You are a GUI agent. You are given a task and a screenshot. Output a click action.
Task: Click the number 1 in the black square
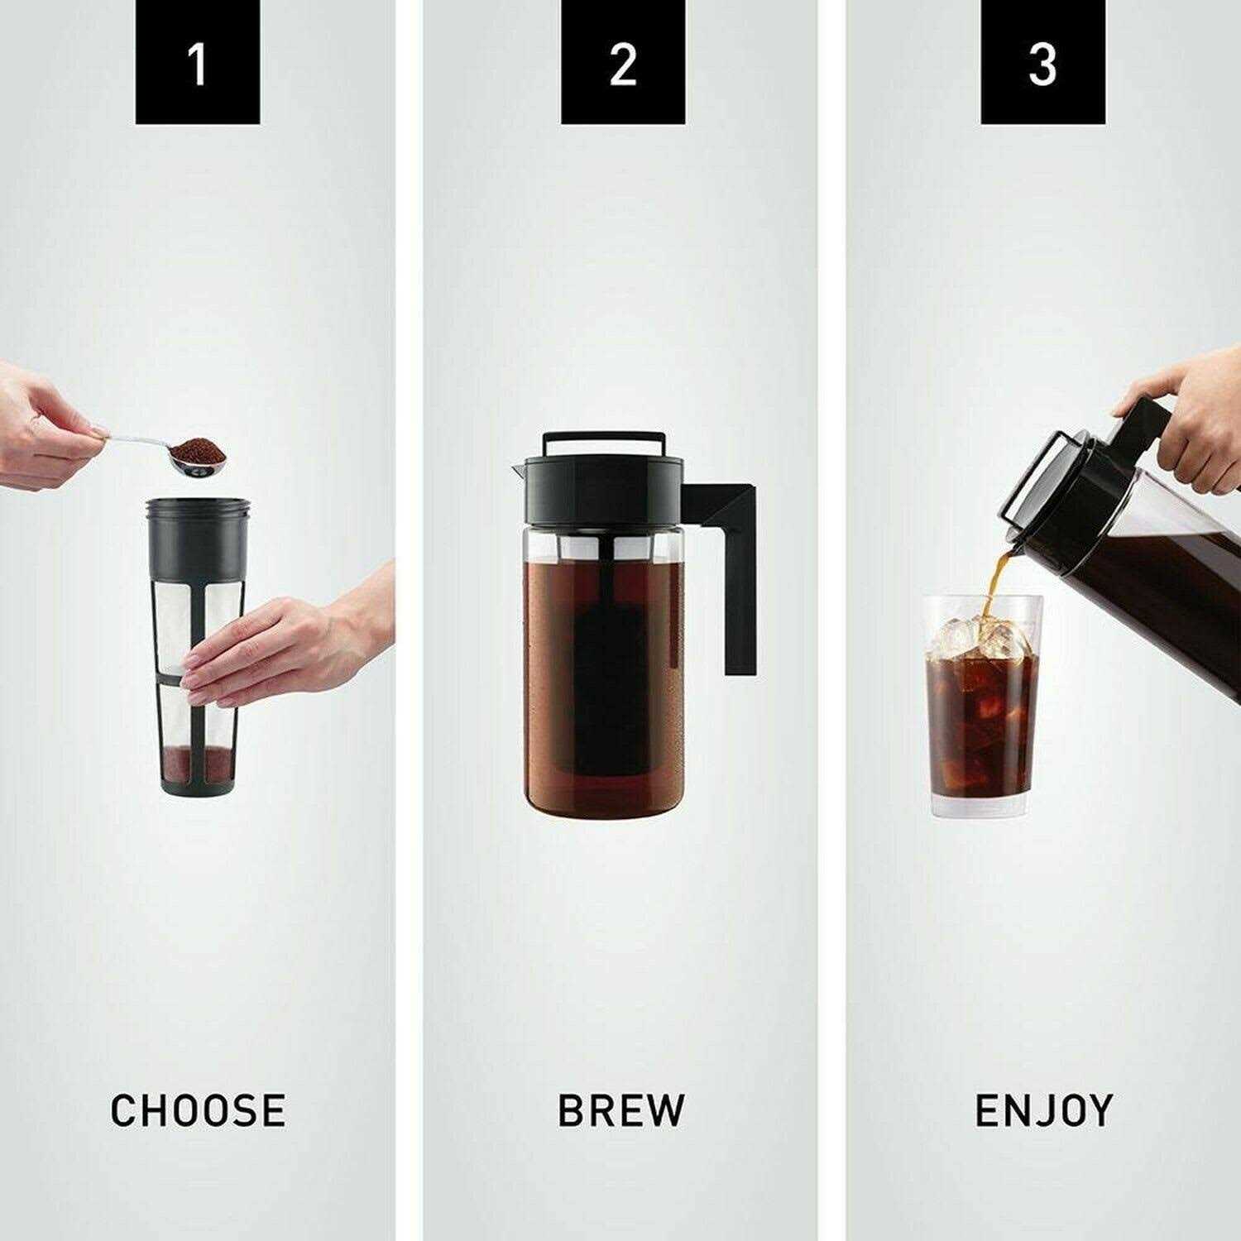tap(197, 64)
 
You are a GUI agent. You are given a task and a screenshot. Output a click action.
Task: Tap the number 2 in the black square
tap(622, 64)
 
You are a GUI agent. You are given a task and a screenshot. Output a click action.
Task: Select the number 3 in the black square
tap(1042, 64)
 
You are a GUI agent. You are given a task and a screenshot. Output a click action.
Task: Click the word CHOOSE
tap(198, 1110)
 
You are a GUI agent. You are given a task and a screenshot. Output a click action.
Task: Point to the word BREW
tap(621, 1110)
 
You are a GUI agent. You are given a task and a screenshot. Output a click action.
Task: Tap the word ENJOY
tap(1043, 1110)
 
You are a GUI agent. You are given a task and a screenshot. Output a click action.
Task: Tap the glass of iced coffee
tap(982, 728)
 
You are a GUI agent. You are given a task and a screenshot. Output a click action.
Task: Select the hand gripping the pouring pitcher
tap(1191, 414)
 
